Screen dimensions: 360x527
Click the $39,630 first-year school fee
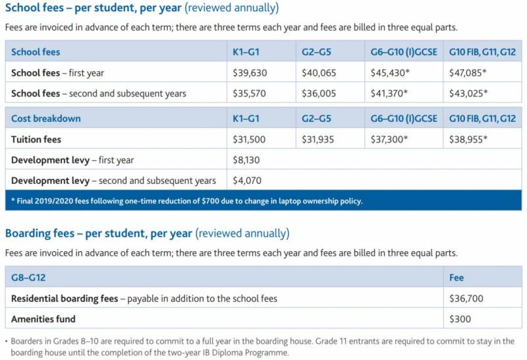(x=250, y=73)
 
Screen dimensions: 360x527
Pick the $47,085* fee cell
(x=468, y=73)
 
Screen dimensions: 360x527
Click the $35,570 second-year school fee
(x=250, y=94)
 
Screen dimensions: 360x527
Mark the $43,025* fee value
(x=468, y=94)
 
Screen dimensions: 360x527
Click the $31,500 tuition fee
(x=250, y=139)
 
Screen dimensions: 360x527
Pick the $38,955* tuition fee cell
(x=468, y=139)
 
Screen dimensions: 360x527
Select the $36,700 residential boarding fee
(x=466, y=299)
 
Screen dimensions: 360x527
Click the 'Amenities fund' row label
(x=43, y=319)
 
